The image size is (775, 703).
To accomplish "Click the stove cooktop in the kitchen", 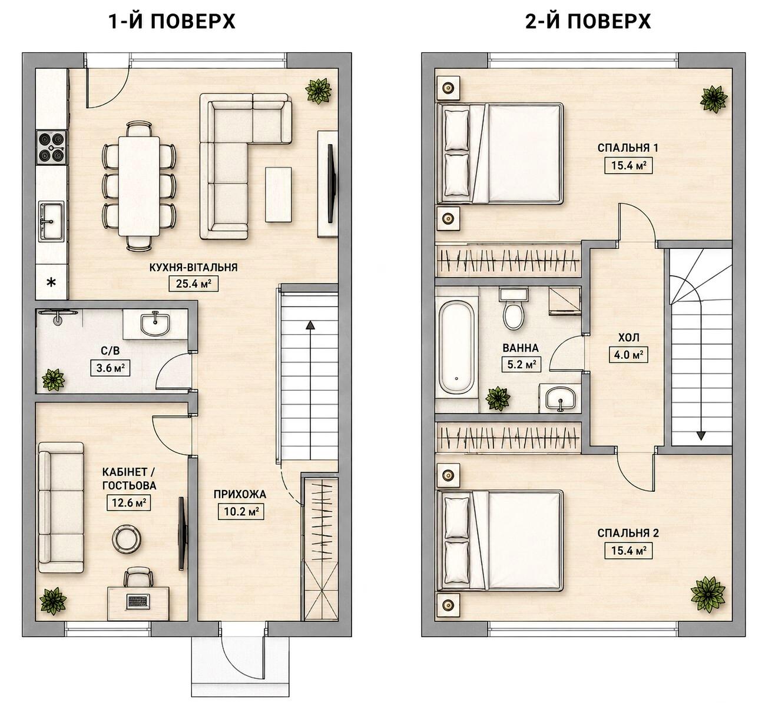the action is [x=51, y=147].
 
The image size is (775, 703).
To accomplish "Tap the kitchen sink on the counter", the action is [x=51, y=222].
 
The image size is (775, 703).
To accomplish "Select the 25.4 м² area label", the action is [x=194, y=284].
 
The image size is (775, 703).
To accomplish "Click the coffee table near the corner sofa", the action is [x=278, y=194].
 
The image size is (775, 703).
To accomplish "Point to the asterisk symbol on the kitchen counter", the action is [x=51, y=282].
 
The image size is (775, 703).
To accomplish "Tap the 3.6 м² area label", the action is [x=111, y=368].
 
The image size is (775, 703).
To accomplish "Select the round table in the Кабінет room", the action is [x=127, y=537].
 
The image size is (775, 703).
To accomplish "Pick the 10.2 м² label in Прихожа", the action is [x=241, y=512].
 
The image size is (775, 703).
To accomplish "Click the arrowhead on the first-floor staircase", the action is [x=309, y=325].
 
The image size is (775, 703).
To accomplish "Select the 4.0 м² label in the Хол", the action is [x=628, y=354].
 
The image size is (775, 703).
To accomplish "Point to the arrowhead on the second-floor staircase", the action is [x=701, y=435].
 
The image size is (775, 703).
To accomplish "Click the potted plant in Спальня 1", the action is [x=714, y=99].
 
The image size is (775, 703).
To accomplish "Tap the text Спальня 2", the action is [x=628, y=533].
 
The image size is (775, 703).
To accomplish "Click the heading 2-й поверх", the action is [x=588, y=22].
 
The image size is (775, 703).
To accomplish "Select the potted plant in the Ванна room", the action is [x=498, y=398].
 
